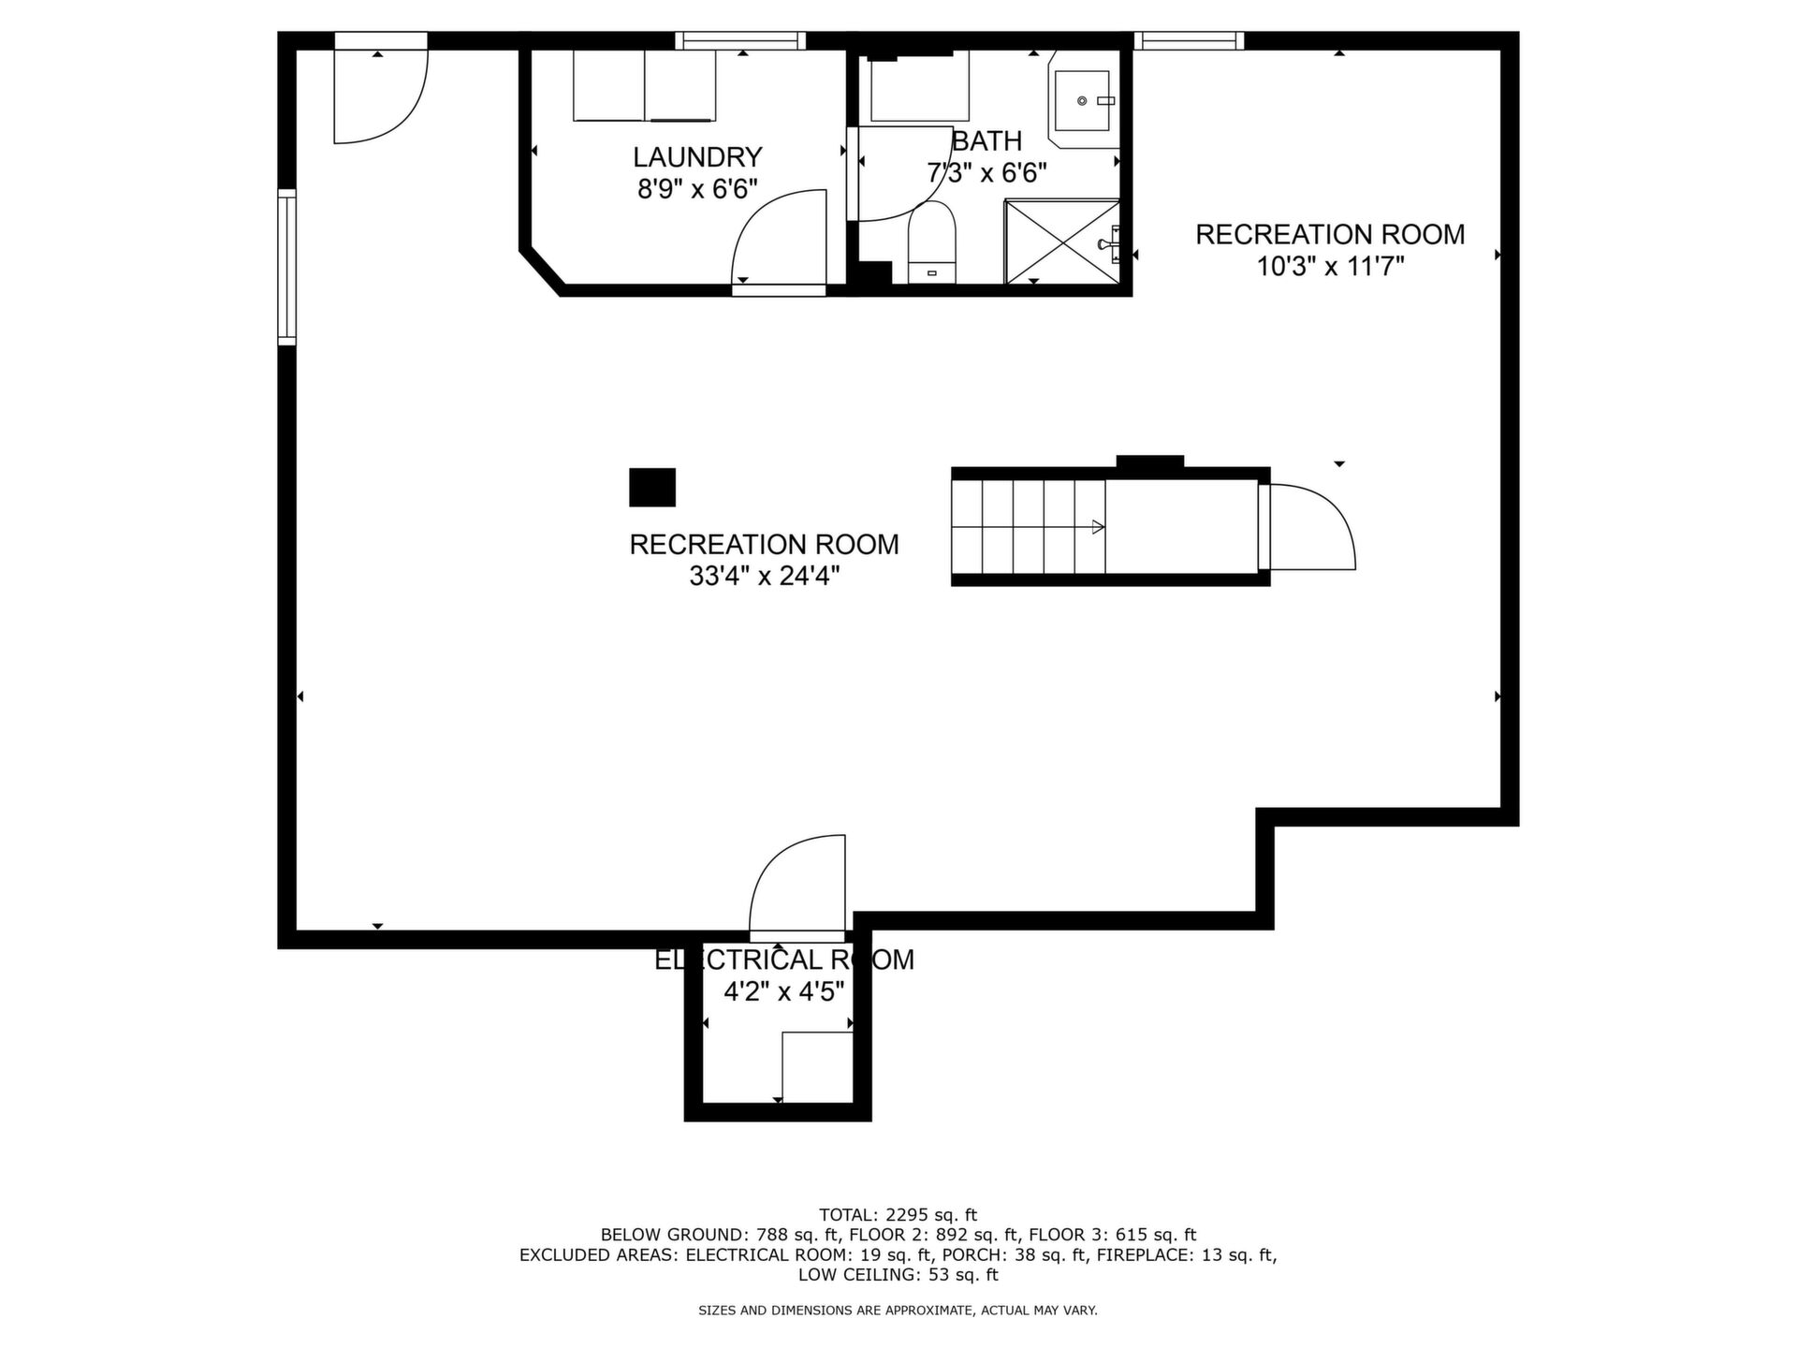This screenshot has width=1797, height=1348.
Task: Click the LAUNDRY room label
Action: tap(697, 156)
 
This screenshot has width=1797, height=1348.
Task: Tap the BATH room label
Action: tap(986, 141)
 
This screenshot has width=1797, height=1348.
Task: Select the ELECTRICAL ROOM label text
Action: tap(784, 960)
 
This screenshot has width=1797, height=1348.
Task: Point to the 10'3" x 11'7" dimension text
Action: tap(1330, 267)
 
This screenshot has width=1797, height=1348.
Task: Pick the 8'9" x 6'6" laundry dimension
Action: tap(697, 189)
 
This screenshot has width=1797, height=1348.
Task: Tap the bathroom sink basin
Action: tap(1083, 100)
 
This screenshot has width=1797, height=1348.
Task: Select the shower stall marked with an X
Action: tap(1062, 241)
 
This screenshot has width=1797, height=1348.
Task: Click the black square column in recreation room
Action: tap(652, 487)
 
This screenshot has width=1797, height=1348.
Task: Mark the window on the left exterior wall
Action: tap(286, 267)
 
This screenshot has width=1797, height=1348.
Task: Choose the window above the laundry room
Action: tap(741, 40)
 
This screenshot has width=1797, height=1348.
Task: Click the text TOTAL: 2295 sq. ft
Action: tap(898, 1214)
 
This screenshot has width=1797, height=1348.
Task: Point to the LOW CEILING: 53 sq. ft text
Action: tap(898, 1274)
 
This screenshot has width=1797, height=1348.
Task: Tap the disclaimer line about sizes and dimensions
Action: tap(898, 1311)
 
